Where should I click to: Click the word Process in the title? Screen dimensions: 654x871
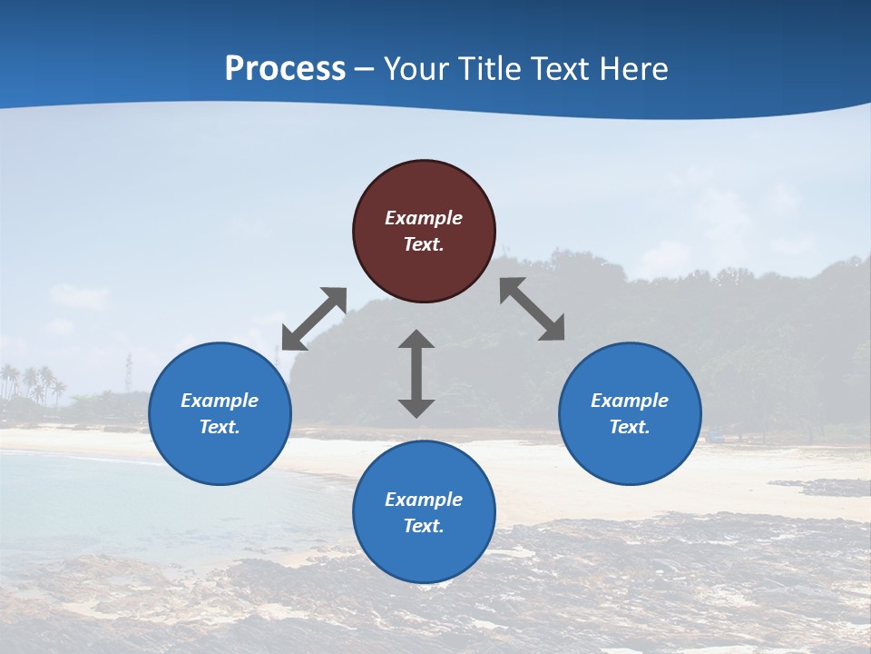tap(285, 69)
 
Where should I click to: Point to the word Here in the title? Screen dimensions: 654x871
tap(635, 69)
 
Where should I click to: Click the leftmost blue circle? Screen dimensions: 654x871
tap(220, 413)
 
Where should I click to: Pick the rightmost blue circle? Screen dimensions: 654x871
tap(630, 413)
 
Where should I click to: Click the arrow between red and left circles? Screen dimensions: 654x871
tap(314, 319)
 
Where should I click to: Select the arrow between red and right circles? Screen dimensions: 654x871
tap(533, 310)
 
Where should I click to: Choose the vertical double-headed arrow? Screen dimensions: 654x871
tap(416, 373)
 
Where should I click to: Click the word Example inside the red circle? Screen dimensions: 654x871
tap(424, 218)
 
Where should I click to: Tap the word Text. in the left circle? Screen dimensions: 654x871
tap(220, 427)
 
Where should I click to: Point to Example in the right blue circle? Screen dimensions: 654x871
tap(630, 401)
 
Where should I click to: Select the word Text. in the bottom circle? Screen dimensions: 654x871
tap(424, 526)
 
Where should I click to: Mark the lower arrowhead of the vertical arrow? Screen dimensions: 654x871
tap(416, 408)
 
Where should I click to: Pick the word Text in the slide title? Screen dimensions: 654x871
tap(565, 69)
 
